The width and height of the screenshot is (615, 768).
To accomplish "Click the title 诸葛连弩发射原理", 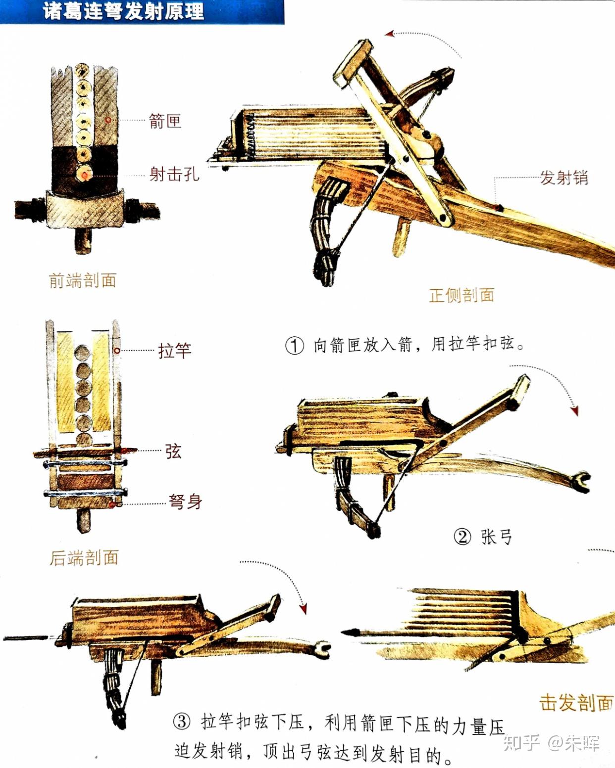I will point(123,11).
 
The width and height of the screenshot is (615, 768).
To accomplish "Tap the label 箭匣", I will point(165,121).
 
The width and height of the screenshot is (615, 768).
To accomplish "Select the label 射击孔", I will point(174,174).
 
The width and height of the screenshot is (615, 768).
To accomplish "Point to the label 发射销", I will point(564,178).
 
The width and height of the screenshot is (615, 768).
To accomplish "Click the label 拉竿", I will point(175,351).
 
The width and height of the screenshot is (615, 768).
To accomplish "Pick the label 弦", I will point(173,451).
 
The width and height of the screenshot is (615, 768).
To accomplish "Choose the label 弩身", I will point(185,501).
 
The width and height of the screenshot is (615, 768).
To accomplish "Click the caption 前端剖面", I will point(83,280).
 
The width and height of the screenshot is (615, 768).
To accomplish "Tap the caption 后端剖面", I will point(84,558).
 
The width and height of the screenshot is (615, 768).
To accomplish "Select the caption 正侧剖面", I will point(461,295).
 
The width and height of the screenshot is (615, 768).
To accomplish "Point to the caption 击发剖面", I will point(576,702).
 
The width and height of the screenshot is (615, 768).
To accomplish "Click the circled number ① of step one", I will point(294,345).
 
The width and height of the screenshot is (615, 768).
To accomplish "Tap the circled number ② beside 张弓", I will point(462,537).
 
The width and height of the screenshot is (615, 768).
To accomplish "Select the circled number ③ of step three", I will point(182,722).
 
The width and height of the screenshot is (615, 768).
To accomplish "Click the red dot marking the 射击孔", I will point(85,175).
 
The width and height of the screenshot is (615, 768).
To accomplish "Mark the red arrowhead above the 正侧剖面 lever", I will point(390,34).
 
